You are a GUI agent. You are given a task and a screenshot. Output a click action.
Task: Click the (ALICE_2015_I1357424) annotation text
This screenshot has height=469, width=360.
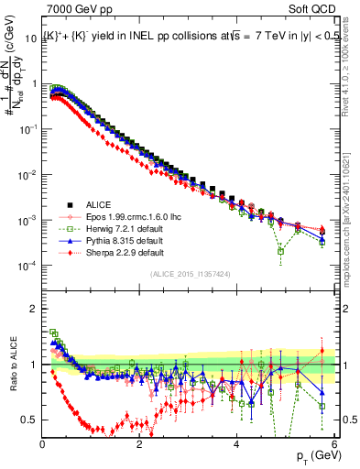(x=190, y=272)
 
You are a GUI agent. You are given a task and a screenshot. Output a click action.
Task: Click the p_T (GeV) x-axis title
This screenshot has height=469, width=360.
(x=311, y=455)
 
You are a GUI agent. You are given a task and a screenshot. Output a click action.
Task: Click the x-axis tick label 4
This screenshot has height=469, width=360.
(x=237, y=444)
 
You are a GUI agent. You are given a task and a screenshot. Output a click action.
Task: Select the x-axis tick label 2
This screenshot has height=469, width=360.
(x=140, y=444)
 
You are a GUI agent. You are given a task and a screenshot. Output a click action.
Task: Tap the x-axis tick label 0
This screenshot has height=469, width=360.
(x=43, y=444)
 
